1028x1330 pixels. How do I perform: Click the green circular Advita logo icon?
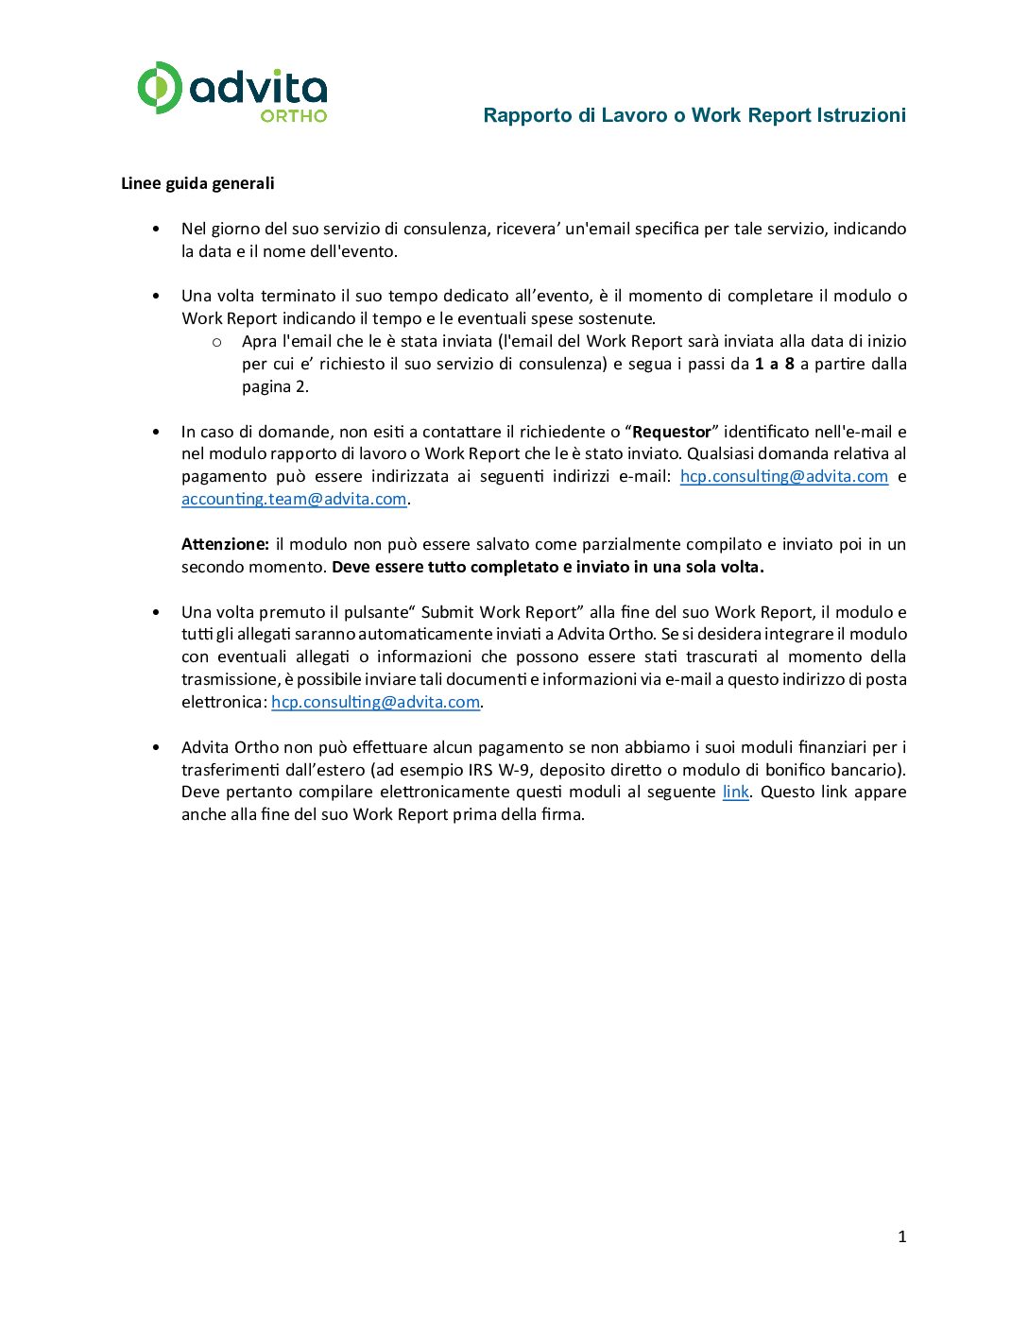point(159,88)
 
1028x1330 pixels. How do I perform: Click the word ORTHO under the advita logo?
point(293,116)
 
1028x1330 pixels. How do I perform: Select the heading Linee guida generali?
point(197,183)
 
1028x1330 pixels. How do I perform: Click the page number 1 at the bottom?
point(901,1236)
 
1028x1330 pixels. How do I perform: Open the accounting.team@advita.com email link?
point(294,499)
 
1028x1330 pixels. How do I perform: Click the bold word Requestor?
point(671,432)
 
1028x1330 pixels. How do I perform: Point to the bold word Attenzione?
point(225,544)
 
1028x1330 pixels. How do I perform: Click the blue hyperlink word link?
point(735,792)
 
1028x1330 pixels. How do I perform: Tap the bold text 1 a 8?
point(774,364)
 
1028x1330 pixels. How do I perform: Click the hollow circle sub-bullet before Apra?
point(216,342)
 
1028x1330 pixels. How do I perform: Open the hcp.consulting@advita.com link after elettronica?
point(375,702)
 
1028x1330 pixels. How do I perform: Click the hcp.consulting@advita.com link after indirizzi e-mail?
point(784,476)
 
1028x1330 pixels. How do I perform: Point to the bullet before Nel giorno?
point(156,230)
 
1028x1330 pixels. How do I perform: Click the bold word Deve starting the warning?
point(351,567)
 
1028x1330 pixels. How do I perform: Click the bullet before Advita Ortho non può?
point(156,747)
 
